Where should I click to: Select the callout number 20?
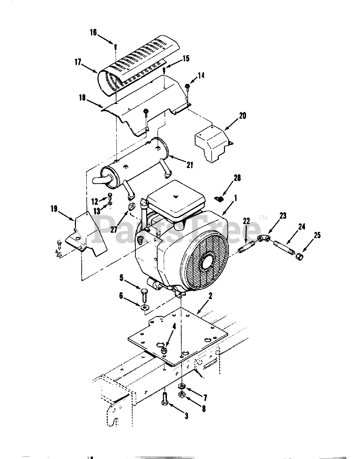click(x=243, y=116)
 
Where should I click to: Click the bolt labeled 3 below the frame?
click(x=165, y=399)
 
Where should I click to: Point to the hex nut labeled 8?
click(x=182, y=395)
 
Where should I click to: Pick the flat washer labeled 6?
click(x=144, y=307)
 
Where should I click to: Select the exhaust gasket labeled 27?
click(x=131, y=208)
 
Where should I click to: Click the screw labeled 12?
click(x=110, y=196)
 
